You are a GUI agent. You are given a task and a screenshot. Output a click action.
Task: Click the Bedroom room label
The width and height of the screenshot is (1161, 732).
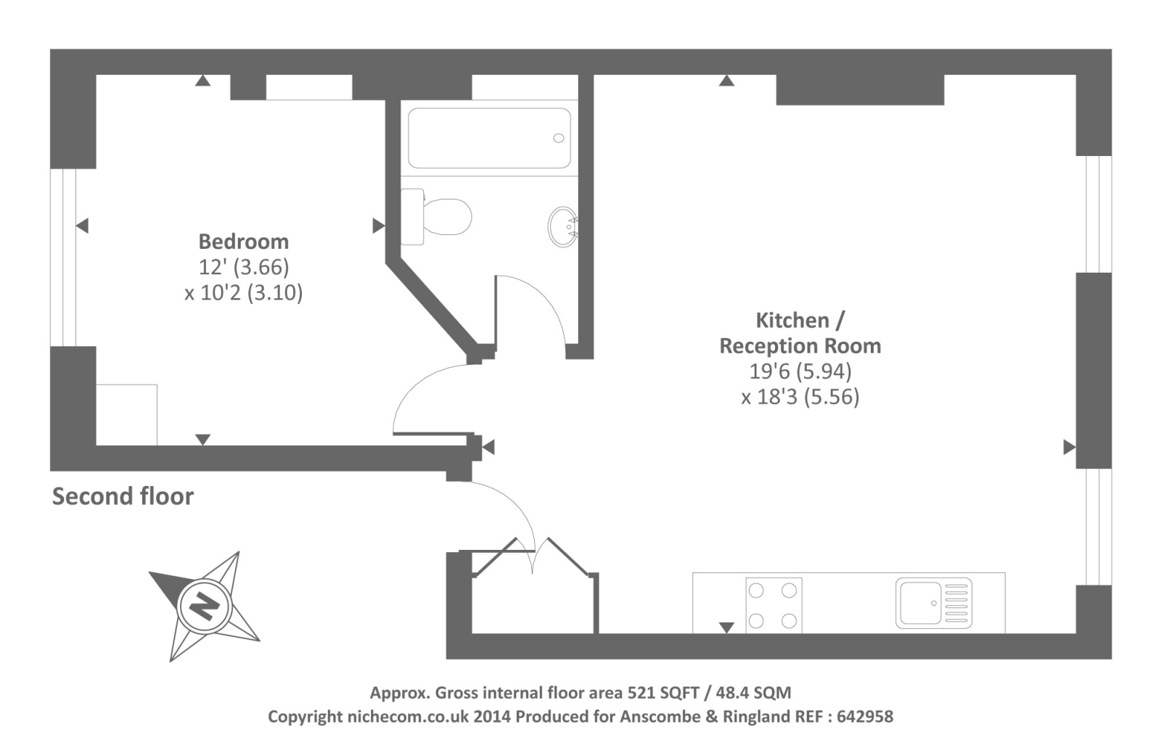point(244,242)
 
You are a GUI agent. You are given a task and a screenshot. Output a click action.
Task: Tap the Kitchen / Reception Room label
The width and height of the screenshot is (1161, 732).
point(800,333)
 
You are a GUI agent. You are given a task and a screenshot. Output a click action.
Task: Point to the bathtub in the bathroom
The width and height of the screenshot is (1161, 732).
point(489,139)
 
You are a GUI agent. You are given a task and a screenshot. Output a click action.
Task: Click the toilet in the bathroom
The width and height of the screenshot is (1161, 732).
point(436,216)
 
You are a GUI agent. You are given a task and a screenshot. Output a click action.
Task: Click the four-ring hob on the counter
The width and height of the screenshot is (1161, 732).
point(774,605)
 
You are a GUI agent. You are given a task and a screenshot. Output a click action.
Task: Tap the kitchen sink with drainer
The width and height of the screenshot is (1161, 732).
point(933,603)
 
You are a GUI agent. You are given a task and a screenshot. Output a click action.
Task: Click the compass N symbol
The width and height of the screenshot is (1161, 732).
point(204,606)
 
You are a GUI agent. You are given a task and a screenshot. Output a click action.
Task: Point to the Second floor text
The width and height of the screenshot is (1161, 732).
point(123,496)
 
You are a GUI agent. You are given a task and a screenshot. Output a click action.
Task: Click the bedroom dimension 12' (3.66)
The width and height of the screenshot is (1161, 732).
point(244,267)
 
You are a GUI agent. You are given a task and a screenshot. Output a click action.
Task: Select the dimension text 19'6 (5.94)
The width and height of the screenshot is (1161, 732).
point(800,371)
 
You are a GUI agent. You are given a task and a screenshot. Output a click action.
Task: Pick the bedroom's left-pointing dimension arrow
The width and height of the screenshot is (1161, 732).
point(82,226)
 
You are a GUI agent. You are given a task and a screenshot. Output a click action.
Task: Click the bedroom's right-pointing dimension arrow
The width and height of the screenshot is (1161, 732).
point(379,226)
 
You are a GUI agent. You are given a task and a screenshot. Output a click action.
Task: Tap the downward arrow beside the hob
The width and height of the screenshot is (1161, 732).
point(726,628)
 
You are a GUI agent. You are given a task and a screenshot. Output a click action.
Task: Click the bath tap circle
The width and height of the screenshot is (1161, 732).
point(558,138)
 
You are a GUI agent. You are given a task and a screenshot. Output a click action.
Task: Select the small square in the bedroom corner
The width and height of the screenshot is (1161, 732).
point(126,415)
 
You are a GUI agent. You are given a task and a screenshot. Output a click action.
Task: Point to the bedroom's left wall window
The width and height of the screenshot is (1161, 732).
point(63,258)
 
